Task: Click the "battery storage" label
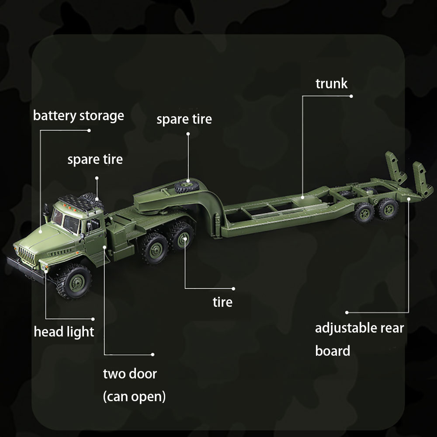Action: click(x=78, y=116)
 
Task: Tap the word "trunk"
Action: click(x=331, y=83)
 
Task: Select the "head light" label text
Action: click(x=64, y=332)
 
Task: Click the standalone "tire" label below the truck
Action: click(x=222, y=302)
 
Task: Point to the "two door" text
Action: click(x=130, y=374)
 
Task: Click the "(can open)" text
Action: click(x=134, y=397)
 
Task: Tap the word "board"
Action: click(x=333, y=350)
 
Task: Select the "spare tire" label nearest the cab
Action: click(x=95, y=160)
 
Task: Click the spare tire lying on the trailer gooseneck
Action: click(x=187, y=186)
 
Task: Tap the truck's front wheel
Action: click(x=74, y=281)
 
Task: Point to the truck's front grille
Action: click(x=27, y=256)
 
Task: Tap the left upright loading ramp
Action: click(x=395, y=167)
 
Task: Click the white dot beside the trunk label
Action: click(x=351, y=96)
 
